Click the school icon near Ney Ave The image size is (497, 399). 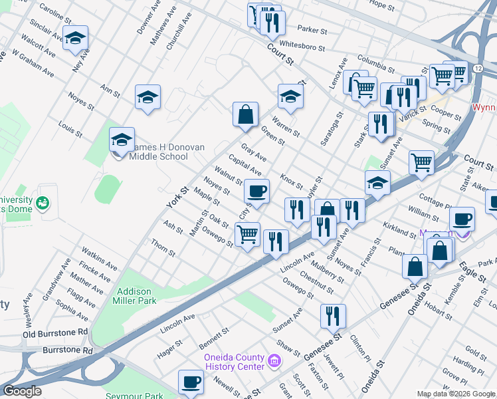coord(76,39)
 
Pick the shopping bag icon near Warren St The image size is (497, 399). coord(245,114)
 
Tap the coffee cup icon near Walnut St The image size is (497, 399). coord(256,192)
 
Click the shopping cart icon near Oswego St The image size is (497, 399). coord(247,233)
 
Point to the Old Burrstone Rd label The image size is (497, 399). coord(56,332)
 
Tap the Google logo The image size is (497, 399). coord(22,391)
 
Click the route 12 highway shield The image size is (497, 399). coord(478,68)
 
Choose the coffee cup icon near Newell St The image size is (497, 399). coord(191,382)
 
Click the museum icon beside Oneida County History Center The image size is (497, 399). coord(275,362)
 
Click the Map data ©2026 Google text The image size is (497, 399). coord(456,394)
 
